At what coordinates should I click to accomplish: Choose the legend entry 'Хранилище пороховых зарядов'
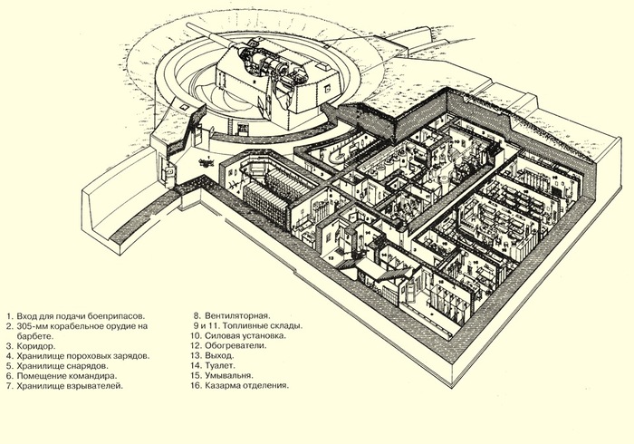click(x=76, y=356)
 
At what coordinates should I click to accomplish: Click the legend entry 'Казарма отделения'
click(x=248, y=386)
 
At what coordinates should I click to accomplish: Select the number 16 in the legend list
click(x=195, y=386)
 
